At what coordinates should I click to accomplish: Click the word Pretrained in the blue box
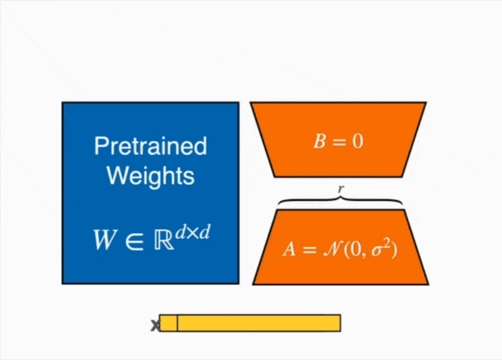pos(150,147)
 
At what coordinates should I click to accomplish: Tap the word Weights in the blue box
pos(150,177)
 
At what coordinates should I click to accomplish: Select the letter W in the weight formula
pos(104,239)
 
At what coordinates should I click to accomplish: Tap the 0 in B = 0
pos(358,141)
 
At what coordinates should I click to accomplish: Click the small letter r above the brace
pos(340,189)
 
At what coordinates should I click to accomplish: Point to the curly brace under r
pos(340,202)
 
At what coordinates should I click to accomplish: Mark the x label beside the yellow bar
pos(154,325)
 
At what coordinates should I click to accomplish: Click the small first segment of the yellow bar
pos(168,323)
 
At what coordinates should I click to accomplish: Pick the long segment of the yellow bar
pos(259,323)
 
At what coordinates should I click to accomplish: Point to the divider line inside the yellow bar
pos(177,323)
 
